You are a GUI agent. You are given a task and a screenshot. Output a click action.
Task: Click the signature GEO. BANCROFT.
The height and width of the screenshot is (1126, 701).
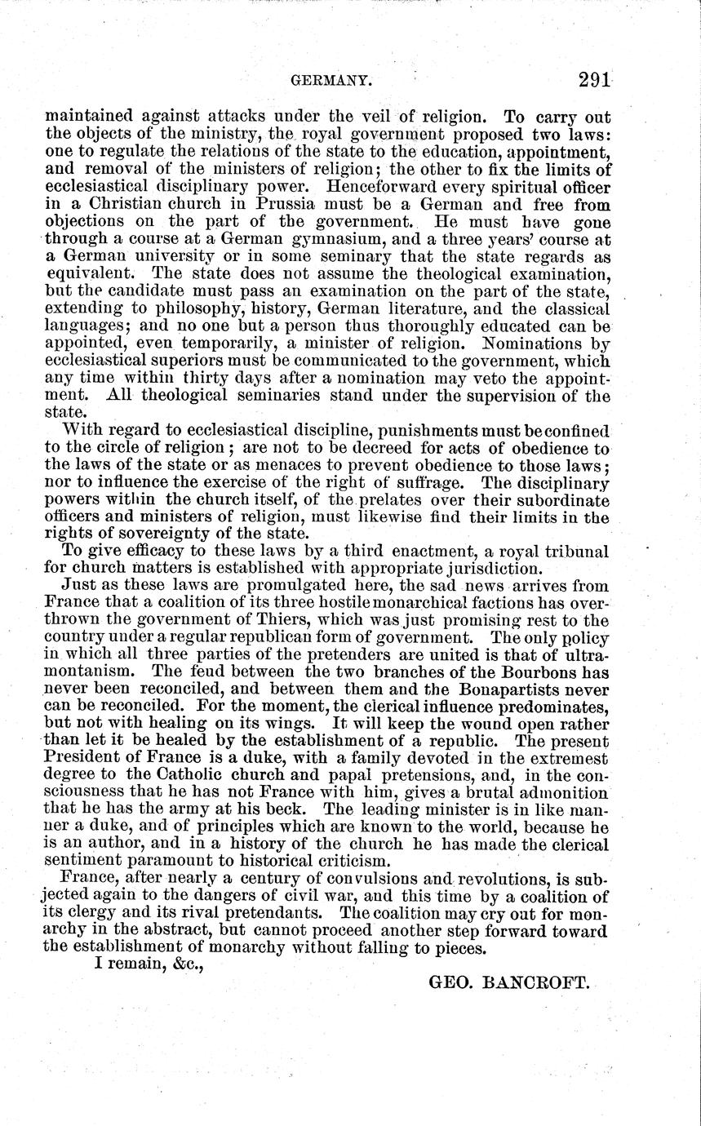(508, 984)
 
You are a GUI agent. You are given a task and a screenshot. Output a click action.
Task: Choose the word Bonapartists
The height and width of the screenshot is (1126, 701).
(498, 694)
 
